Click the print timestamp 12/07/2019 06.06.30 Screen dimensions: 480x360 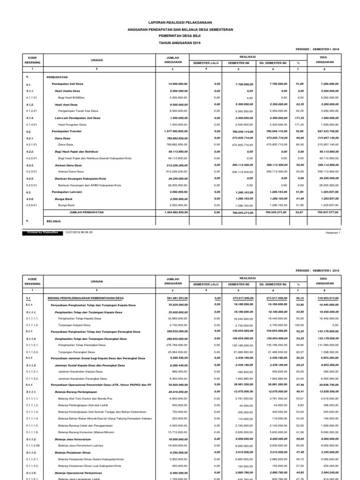point(79,232)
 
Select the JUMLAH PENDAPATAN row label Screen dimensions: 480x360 point(86,212)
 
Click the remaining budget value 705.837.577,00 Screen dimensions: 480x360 point(324,212)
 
